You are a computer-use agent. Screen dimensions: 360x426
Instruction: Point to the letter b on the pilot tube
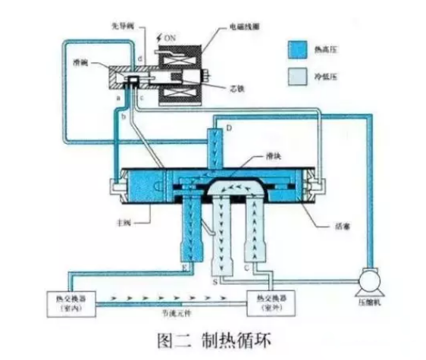(124, 121)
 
